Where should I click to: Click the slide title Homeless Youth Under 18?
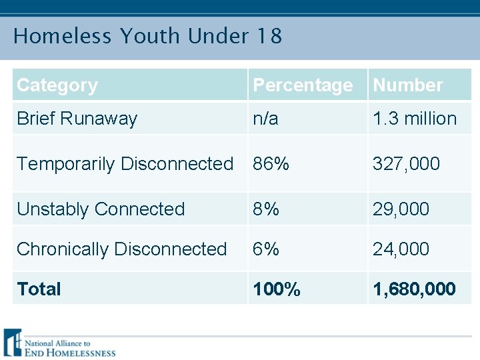(147, 36)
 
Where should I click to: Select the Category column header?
(57, 85)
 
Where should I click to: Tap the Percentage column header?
(303, 85)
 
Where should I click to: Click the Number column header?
(407, 85)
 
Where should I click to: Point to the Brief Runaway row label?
(77, 119)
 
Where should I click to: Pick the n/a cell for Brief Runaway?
(266, 119)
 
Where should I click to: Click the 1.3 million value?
(415, 119)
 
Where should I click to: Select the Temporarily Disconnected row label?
(125, 163)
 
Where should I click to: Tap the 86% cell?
(271, 163)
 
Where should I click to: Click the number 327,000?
(406, 163)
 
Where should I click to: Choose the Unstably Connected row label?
(101, 209)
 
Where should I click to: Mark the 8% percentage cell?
(266, 209)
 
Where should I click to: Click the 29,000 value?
(401, 209)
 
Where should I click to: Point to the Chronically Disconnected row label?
(121, 249)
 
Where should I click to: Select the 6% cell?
(266, 249)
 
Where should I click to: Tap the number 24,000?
(401, 249)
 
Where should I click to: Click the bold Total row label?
(39, 289)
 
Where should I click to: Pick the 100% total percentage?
(276, 289)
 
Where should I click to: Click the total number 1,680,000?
(414, 289)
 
